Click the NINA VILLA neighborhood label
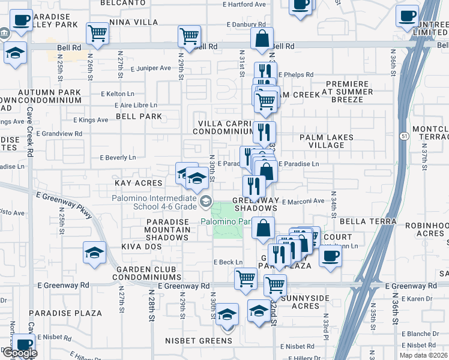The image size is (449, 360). (133, 22)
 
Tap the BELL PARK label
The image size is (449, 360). (139, 116)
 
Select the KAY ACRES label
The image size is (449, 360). (139, 182)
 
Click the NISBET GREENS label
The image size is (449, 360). (199, 341)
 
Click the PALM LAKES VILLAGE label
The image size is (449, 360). (327, 141)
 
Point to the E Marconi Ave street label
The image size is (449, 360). (303, 201)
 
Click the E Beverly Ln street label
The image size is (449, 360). (118, 158)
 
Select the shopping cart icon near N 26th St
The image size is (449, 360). (97, 34)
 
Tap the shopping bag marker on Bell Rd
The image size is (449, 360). (262, 39)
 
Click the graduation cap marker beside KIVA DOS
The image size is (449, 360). (95, 253)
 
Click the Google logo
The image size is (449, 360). (19, 353)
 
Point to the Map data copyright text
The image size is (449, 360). (423, 355)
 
